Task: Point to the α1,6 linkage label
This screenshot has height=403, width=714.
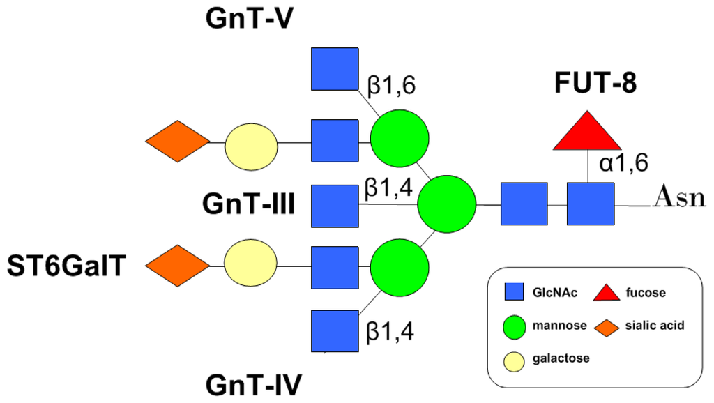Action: (624, 162)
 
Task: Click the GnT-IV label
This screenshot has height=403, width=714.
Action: (253, 384)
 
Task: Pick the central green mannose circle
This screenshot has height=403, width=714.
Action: (446, 204)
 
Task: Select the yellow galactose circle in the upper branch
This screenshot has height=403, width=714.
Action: (250, 144)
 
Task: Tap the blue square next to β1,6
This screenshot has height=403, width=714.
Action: (335, 70)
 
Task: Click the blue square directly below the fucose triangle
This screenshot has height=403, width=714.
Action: (590, 204)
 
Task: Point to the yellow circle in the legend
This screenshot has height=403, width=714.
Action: (515, 358)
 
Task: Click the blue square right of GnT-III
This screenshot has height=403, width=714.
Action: (335, 206)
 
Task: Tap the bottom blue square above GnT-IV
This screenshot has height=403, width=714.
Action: (335, 331)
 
